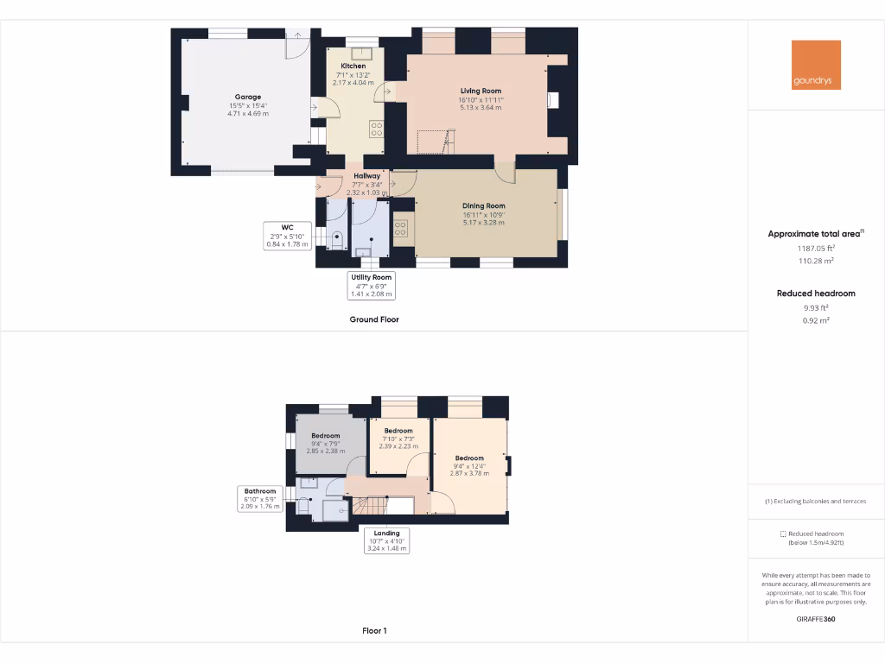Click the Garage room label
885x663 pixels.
tap(248, 98)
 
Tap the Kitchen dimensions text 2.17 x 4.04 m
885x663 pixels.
tap(353, 83)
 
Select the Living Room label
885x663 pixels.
tap(481, 91)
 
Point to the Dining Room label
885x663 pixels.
tap(483, 205)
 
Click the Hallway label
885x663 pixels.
tap(366, 176)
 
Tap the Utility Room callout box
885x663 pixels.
tap(371, 285)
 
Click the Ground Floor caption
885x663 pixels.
tap(374, 319)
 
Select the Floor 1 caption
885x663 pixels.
tap(374, 631)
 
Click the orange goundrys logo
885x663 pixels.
tap(816, 65)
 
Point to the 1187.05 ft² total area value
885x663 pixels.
tap(816, 247)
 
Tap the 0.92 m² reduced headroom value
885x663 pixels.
tap(816, 320)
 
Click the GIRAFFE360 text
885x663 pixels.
tap(816, 619)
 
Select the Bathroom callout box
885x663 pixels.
tap(259, 498)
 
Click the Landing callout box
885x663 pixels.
tap(386, 540)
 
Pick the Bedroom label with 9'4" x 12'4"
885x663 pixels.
tap(469, 458)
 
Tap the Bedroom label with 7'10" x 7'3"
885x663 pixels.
tap(398, 431)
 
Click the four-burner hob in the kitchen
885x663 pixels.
tap(377, 129)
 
